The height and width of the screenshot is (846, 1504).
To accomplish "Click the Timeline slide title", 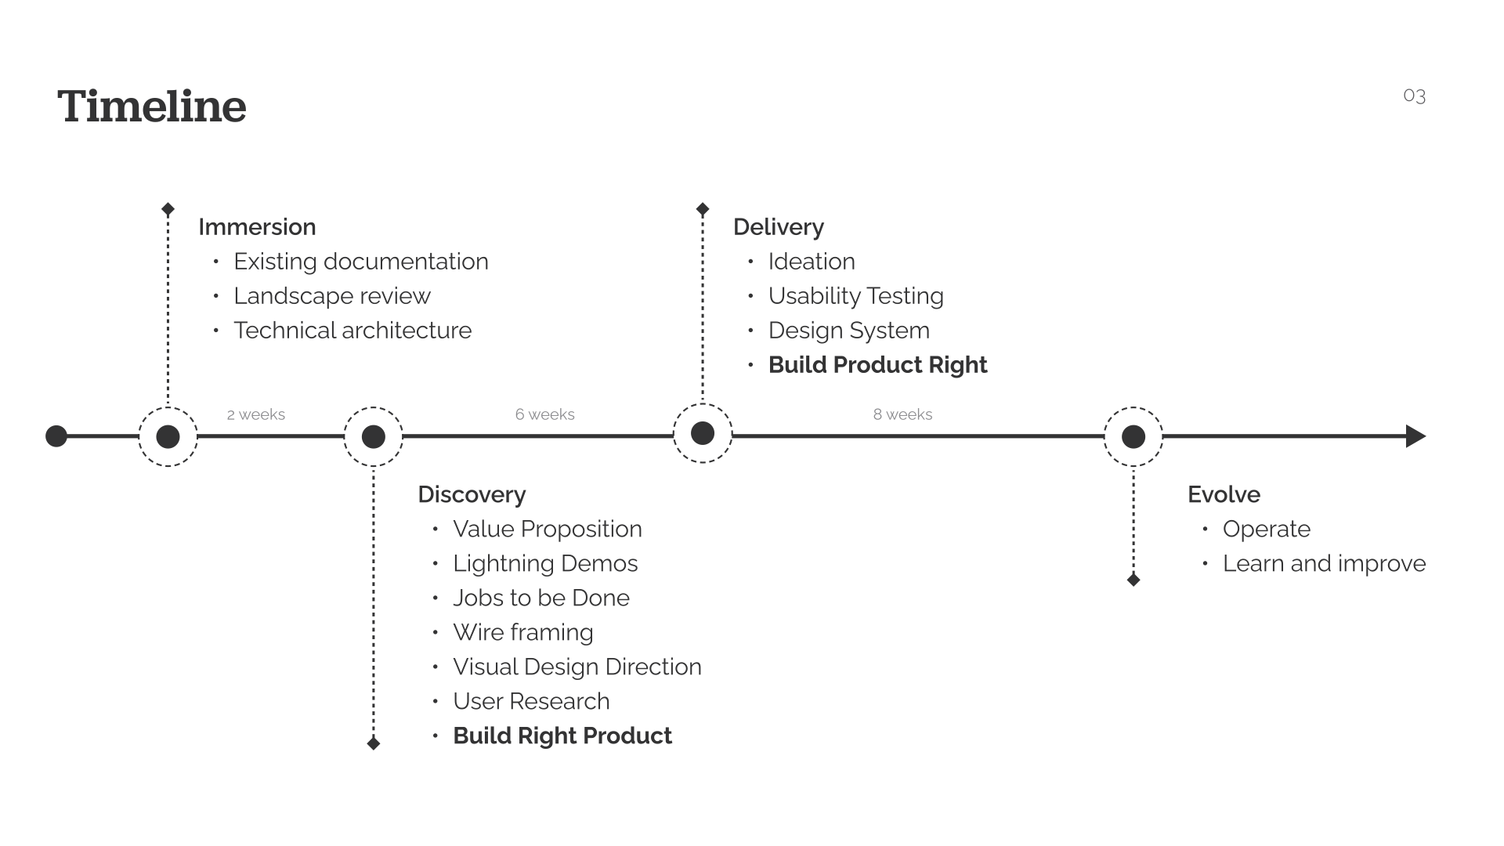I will (152, 107).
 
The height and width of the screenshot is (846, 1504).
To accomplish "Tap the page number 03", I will (1414, 96).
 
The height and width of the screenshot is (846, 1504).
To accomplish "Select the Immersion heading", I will (257, 227).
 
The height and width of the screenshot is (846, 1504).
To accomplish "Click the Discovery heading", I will (472, 495).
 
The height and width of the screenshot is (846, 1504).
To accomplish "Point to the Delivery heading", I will (778, 227).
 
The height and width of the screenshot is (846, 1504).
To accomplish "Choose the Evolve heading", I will (1224, 495).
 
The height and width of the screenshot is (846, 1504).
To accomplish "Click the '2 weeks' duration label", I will (256, 414).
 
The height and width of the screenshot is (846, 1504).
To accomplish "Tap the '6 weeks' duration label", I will (544, 414).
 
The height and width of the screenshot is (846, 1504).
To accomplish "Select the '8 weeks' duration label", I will (902, 414).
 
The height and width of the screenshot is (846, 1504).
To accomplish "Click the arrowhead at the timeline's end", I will (1415, 436).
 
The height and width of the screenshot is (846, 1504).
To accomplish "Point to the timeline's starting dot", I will (56, 436).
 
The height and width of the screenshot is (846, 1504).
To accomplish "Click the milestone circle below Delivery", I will (703, 433).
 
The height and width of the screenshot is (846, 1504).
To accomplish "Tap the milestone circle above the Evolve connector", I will (1133, 436).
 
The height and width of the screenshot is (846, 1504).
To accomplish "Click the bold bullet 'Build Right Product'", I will (562, 736).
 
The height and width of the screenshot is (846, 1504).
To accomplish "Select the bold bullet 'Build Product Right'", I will (877, 365).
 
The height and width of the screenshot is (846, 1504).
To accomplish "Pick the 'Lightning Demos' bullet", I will (545, 564).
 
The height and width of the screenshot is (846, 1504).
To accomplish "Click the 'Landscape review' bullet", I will (332, 296).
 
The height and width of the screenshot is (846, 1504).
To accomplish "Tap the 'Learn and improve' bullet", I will (1324, 564).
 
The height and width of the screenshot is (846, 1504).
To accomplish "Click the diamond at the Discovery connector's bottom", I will (374, 743).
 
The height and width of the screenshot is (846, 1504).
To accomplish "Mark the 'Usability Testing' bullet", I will (855, 296).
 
